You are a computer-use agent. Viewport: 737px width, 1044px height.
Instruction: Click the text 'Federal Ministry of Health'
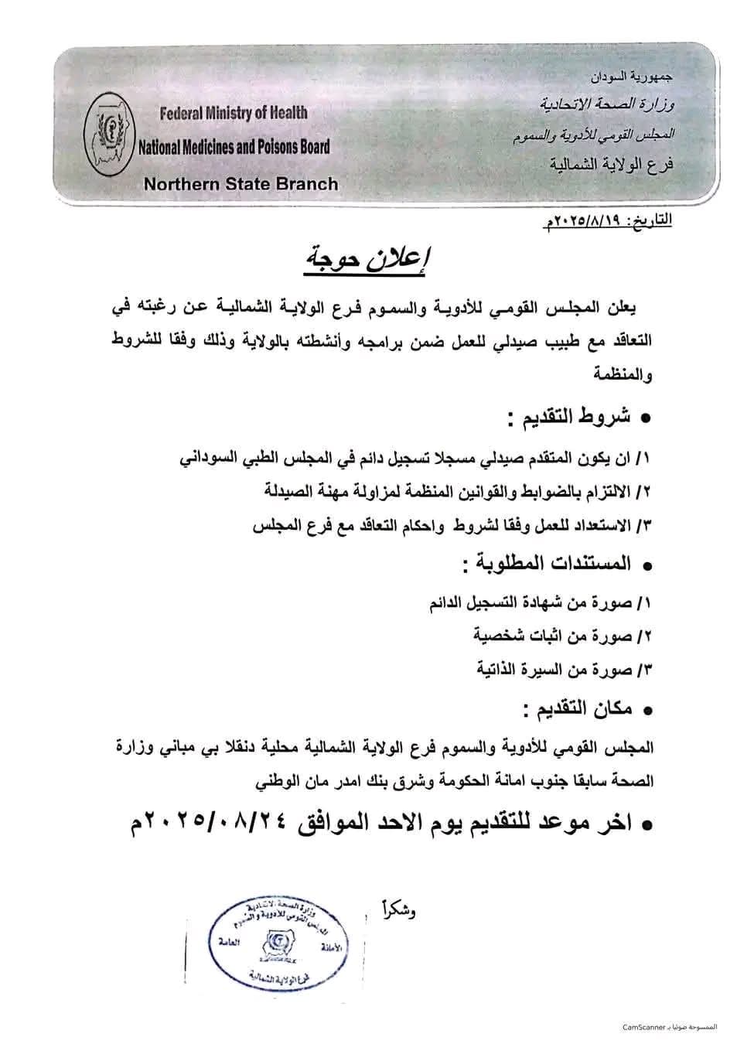click(233, 113)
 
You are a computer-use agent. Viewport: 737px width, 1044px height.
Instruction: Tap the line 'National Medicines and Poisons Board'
click(234, 147)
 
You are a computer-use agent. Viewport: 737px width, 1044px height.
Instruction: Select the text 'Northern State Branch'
click(241, 184)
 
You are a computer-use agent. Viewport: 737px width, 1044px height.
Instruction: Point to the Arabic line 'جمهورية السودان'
click(632, 77)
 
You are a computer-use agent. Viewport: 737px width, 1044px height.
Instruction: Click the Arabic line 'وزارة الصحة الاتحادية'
click(607, 104)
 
